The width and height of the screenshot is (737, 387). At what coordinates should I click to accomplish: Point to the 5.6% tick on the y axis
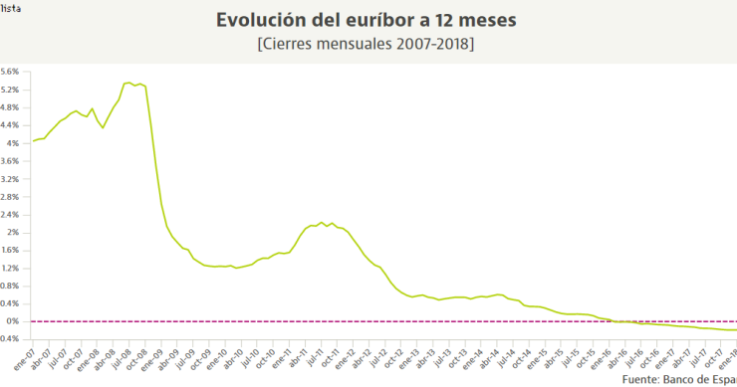10,72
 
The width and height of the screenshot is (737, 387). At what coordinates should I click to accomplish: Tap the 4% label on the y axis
13,143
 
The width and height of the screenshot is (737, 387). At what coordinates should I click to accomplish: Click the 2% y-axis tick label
13,232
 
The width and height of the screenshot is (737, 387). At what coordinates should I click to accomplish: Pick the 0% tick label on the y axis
13,321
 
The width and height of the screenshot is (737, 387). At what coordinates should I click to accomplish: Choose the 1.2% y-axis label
10,268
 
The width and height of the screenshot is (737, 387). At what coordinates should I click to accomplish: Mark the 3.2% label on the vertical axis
10,178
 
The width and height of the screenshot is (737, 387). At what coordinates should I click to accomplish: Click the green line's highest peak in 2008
128,83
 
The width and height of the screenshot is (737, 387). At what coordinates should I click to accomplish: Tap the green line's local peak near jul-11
321,222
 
